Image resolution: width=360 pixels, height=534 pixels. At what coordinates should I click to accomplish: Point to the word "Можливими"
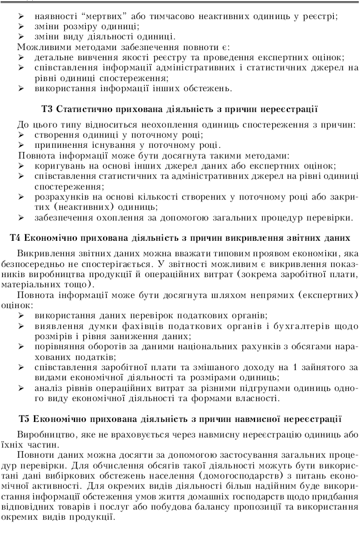[x=41, y=46]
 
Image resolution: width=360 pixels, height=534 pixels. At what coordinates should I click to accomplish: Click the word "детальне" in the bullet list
[x=54, y=57]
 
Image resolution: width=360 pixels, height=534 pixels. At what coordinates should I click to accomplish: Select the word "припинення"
[x=61, y=145]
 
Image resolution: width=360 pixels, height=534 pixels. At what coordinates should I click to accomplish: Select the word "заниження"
[x=132, y=335]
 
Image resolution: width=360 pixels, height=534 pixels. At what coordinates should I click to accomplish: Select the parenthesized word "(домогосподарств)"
[x=241, y=476]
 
